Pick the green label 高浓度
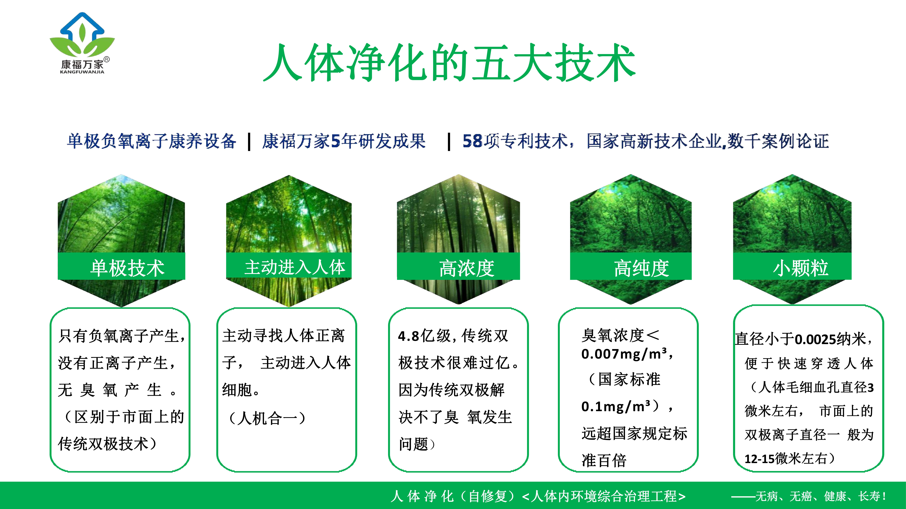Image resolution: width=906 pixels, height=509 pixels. click(466, 268)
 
